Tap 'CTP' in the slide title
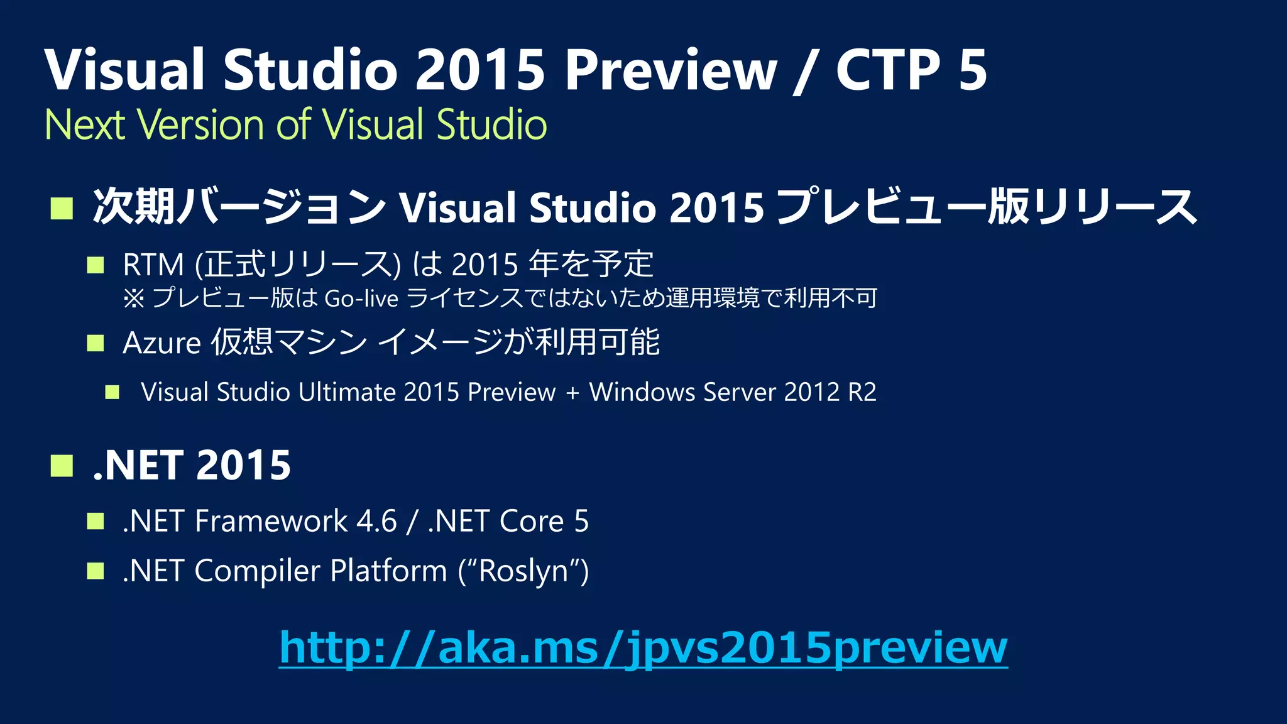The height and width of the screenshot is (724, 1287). pyautogui.click(x=887, y=70)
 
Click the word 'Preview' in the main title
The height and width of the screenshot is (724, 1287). pyautogui.click(x=671, y=70)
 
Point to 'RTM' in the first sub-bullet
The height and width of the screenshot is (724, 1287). pyautogui.click(x=153, y=265)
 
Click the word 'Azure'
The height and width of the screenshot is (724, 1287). pyautogui.click(x=162, y=343)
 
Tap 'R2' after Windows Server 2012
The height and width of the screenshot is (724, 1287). pyautogui.click(x=862, y=392)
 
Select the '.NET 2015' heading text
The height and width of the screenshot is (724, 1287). pyautogui.click(x=192, y=466)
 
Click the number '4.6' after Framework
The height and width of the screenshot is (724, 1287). pyautogui.click(x=377, y=521)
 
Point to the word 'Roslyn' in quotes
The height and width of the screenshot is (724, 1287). pyautogui.click(x=523, y=571)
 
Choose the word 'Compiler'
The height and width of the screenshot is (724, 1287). pyautogui.click(x=258, y=571)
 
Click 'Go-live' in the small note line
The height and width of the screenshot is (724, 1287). pyautogui.click(x=361, y=299)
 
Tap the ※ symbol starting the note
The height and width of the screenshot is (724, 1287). pyautogui.click(x=133, y=299)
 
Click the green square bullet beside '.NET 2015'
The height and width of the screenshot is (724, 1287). pyautogui.click(x=62, y=466)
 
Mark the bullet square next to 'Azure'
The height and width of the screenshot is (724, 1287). pyautogui.click(x=96, y=343)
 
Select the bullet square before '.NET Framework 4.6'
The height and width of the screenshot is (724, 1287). pyautogui.click(x=96, y=521)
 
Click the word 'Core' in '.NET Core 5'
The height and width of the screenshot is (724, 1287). pyautogui.click(x=532, y=521)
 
